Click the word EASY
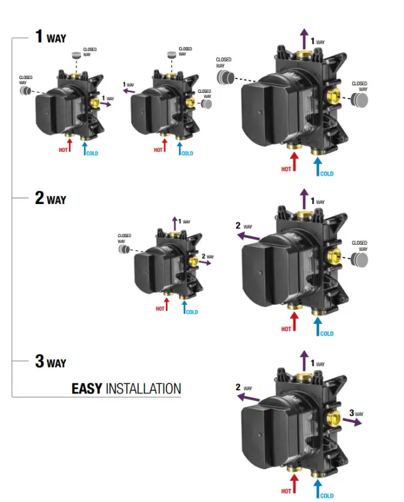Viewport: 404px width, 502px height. tap(87, 388)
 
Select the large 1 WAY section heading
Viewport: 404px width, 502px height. tap(50, 37)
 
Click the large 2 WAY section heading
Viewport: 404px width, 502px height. tap(50, 199)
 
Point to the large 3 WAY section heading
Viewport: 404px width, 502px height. tap(50, 362)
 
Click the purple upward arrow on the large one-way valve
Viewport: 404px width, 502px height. tap(305, 39)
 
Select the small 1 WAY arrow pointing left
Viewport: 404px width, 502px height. tap(129, 92)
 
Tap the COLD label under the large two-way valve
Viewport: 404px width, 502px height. tap(327, 333)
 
